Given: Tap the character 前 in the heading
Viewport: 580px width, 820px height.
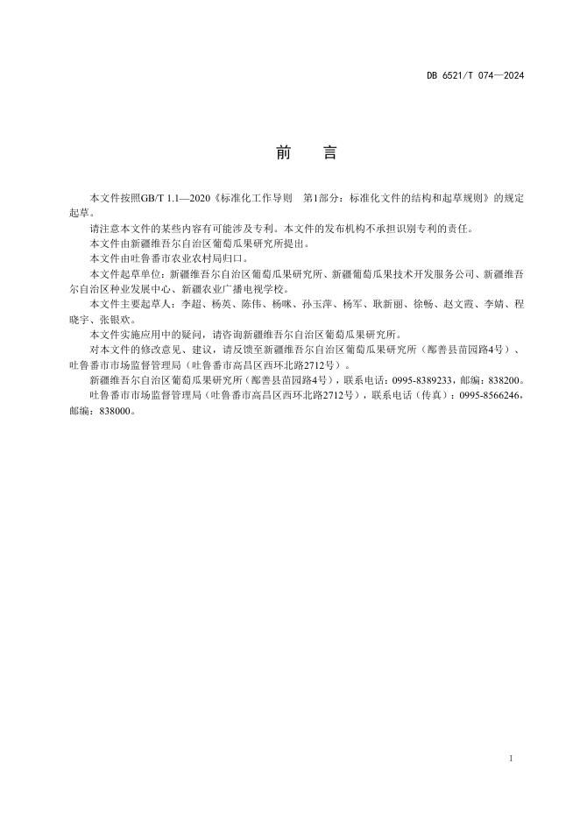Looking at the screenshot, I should [x=283, y=152].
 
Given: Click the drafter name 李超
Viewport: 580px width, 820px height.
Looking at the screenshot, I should [x=188, y=304].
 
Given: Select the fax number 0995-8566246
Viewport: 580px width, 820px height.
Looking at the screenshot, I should [x=492, y=395].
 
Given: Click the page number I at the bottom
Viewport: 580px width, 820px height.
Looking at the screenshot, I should [x=510, y=756].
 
